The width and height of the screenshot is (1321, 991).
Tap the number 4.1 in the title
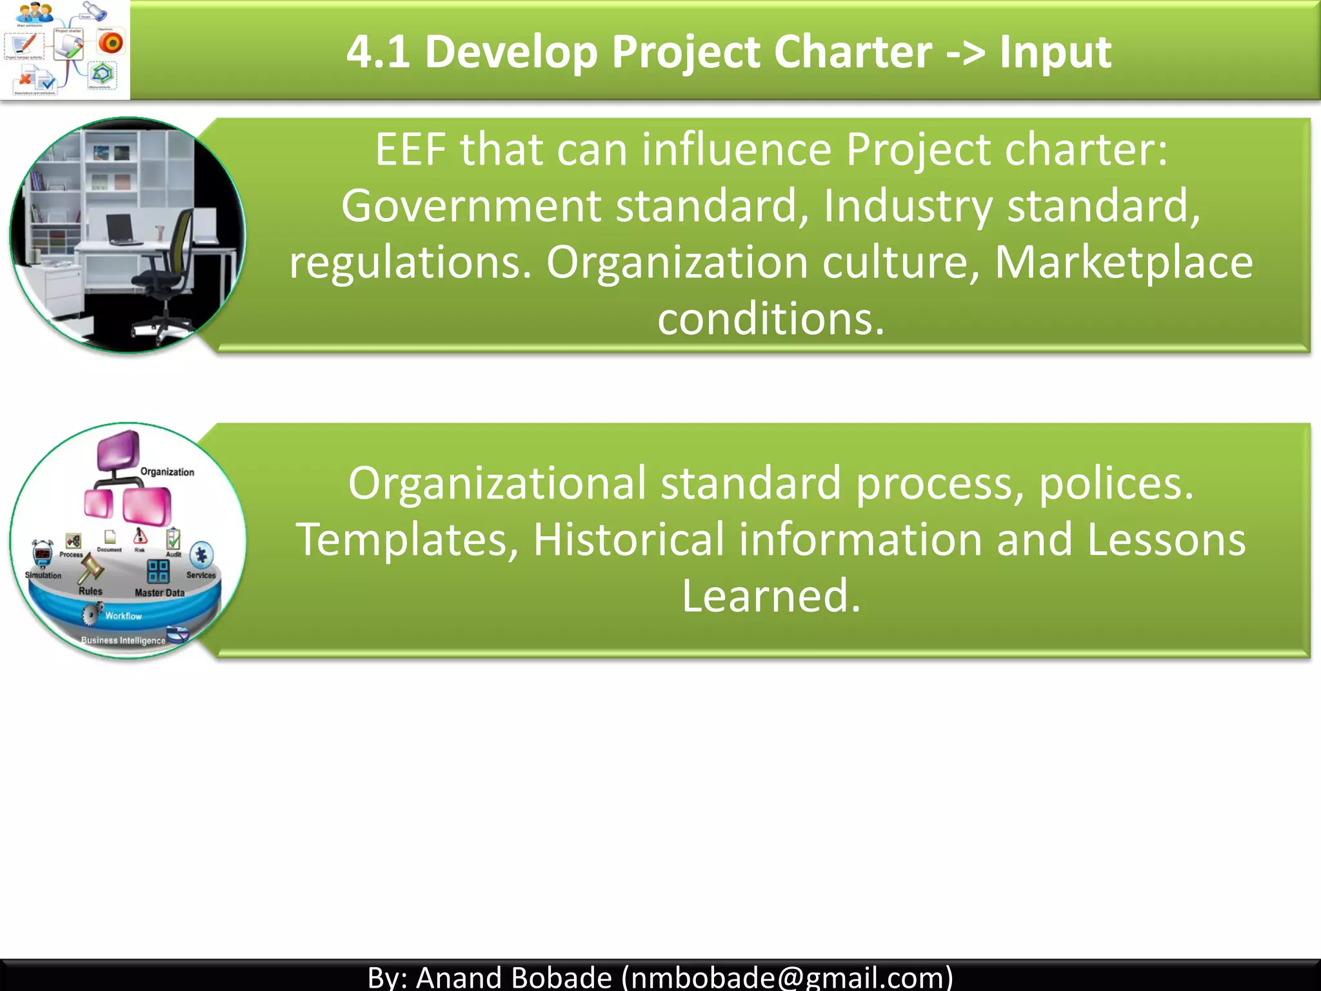(378, 52)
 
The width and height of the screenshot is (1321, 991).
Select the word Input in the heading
(1055, 52)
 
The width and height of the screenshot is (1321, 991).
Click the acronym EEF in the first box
(411, 150)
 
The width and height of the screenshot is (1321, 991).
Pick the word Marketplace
(1123, 263)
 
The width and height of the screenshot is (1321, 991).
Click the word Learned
(771, 596)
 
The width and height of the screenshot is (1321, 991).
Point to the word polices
(1115, 483)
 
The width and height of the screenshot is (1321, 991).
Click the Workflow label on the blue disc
(123, 616)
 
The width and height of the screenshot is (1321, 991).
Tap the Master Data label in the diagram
(159, 592)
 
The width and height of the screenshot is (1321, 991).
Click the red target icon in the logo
(111, 43)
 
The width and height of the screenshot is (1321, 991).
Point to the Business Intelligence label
(123, 641)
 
